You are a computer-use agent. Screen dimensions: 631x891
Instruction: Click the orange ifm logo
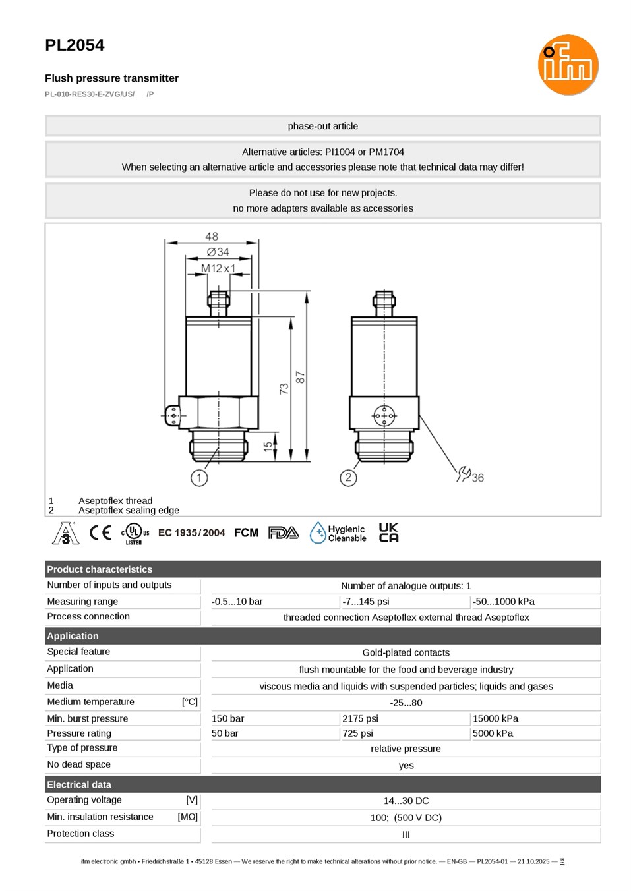[x=568, y=65]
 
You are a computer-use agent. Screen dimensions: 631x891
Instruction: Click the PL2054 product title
[x=75, y=45]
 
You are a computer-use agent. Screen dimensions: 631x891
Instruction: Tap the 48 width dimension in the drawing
[x=212, y=237]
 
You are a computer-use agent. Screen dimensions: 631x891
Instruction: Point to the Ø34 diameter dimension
[x=218, y=252]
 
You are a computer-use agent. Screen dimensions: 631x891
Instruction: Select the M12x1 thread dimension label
[x=218, y=268]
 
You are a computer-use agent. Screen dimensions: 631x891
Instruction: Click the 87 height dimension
[x=301, y=377]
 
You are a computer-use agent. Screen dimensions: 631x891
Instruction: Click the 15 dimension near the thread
[x=268, y=446]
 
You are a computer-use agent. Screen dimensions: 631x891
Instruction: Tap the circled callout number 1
[x=199, y=478]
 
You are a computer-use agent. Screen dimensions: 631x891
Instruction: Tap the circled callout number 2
[x=348, y=478]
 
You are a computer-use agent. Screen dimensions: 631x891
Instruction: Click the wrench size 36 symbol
[x=470, y=475]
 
